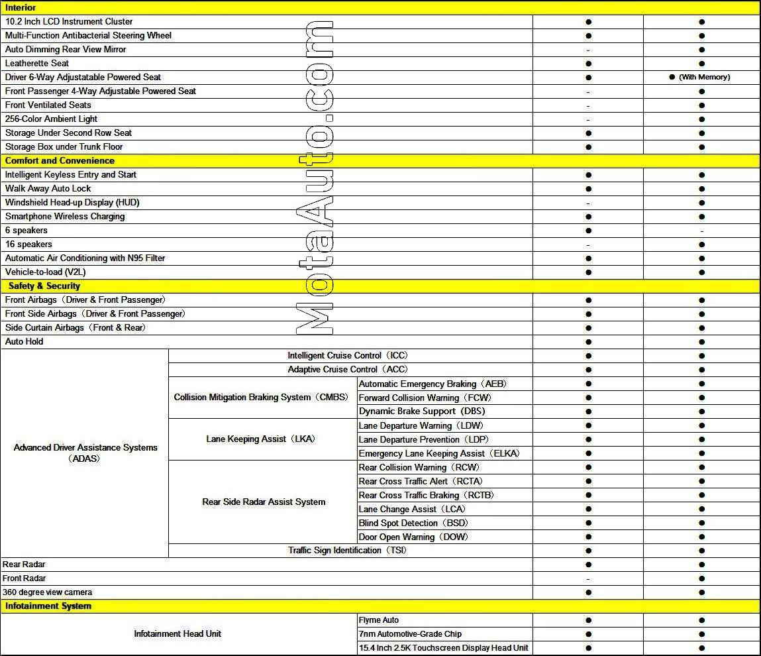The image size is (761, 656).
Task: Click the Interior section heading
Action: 21,8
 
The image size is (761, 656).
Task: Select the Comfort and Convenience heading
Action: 60,161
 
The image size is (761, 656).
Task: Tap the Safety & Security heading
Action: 44,286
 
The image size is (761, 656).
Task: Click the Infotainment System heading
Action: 48,606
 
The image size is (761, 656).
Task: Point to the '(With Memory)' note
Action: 704,78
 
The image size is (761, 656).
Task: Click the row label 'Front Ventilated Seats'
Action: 48,105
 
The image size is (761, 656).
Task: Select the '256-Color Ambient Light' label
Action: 52,119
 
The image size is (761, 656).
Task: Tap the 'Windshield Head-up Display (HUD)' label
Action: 72,203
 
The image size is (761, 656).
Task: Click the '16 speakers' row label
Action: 28,245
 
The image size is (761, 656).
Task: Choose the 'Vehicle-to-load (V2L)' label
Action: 46,272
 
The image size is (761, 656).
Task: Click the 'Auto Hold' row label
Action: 25,342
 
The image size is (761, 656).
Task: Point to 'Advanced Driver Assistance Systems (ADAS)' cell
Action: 85,453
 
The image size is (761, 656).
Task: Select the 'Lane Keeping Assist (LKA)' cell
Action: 260,439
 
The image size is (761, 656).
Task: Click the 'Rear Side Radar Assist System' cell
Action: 264,502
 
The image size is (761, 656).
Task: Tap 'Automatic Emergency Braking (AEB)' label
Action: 433,384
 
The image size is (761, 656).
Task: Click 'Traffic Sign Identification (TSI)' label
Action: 347,551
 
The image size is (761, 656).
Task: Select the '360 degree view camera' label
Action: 48,592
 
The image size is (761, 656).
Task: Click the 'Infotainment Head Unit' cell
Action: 178,634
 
